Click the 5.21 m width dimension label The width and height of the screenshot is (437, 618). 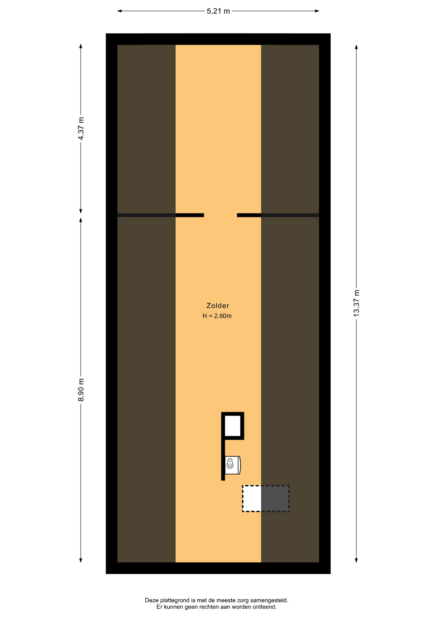tap(218, 11)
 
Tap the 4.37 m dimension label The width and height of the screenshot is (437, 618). tap(81, 128)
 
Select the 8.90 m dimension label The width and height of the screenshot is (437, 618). tap(81, 390)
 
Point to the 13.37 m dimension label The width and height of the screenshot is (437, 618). tap(357, 303)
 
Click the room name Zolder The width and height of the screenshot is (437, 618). tap(218, 305)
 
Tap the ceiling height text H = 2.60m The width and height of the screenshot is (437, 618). tap(217, 316)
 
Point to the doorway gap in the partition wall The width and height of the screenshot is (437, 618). tap(220, 215)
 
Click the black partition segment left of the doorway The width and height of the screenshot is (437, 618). tap(190, 215)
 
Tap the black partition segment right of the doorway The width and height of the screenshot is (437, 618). tap(249, 215)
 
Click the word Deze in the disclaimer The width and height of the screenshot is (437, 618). tap(152, 600)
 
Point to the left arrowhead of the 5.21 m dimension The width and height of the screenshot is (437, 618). tap(119, 11)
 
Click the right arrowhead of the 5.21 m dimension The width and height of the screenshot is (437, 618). tap(317, 11)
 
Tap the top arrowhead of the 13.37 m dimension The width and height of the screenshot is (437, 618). tap(356, 47)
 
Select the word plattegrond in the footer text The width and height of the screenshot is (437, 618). tap(175, 601)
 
